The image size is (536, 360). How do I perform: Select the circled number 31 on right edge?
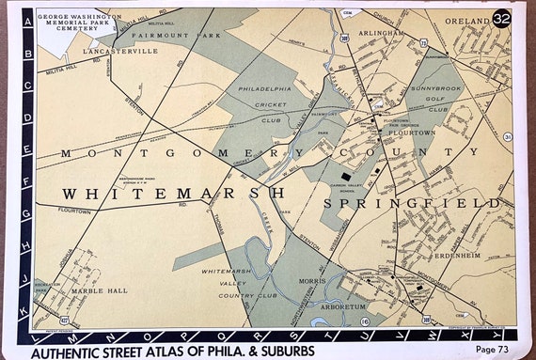point(507,137)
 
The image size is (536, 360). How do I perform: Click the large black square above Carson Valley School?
point(346,175)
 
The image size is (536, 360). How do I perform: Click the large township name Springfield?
point(413,203)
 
